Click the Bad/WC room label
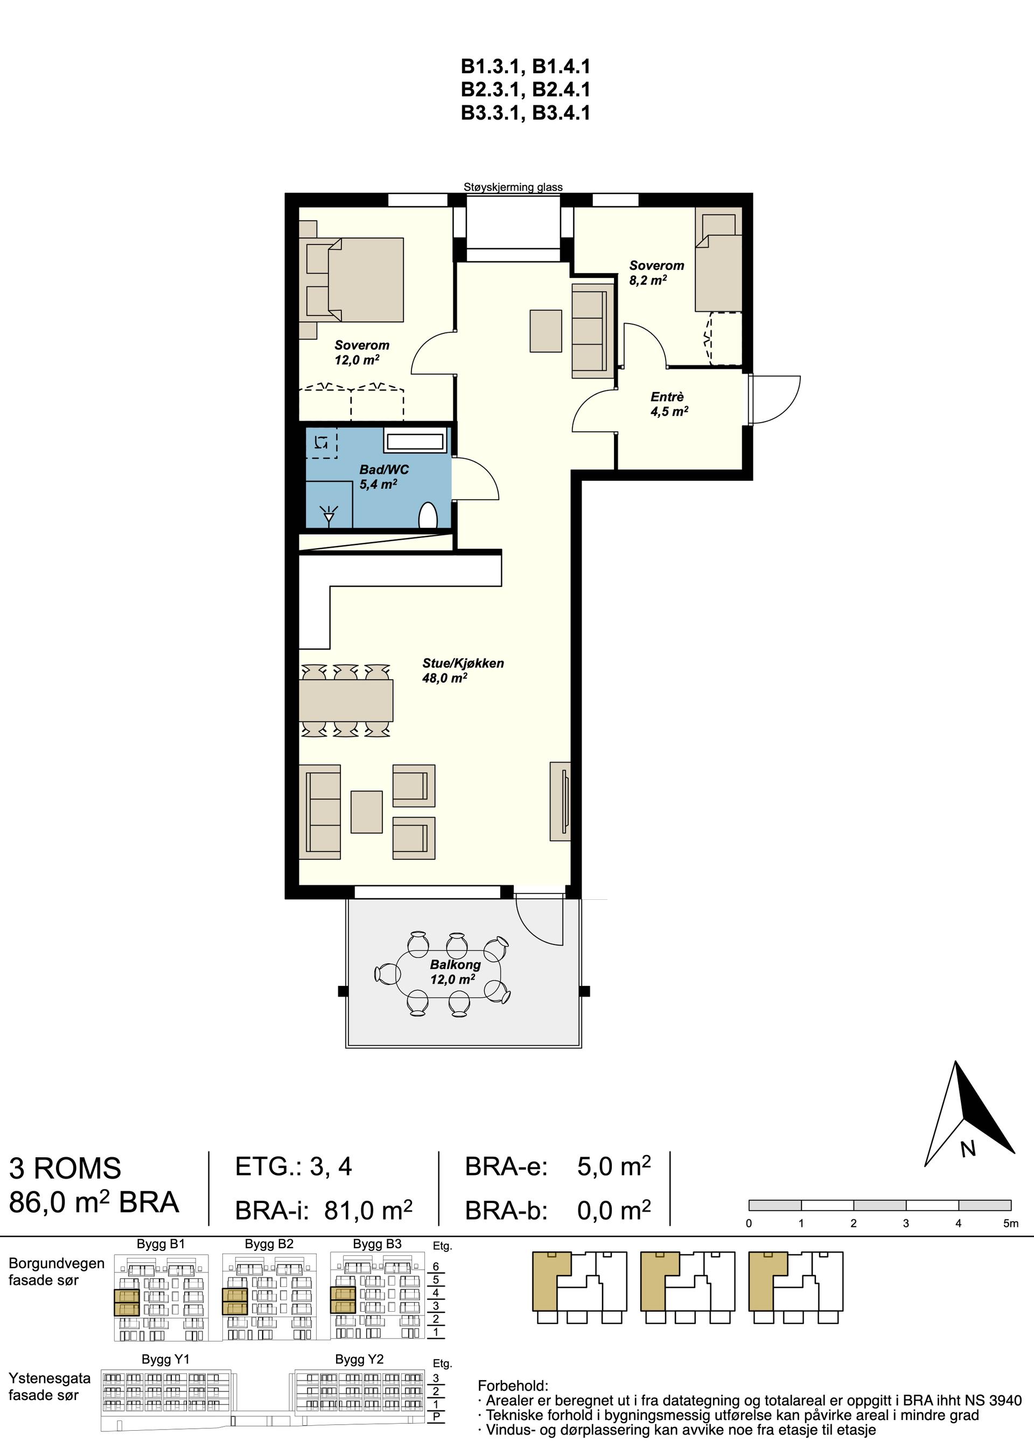pos(383,477)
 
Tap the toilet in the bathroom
pos(429,515)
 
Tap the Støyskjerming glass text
pos(513,187)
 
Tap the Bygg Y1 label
pos(165,1360)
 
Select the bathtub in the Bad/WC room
pos(415,440)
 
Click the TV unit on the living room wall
pos(560,801)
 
